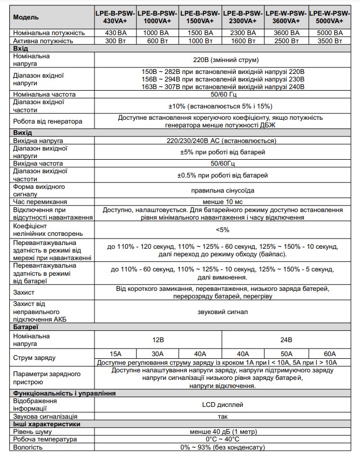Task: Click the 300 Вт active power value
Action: pyautogui.click(x=115, y=40)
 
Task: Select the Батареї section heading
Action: pyautogui.click(x=25, y=327)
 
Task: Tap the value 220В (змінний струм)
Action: pyautogui.click(x=223, y=59)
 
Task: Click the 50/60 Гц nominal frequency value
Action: pyautogui.click(x=223, y=94)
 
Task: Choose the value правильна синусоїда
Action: pyautogui.click(x=223, y=190)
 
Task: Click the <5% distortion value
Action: pyautogui.click(x=223, y=230)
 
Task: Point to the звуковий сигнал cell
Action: pyautogui.click(x=223, y=311)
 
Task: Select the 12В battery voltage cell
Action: pyautogui.click(x=158, y=341)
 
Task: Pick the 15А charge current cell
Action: pyautogui.click(x=115, y=353)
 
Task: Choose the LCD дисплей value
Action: pyautogui.click(x=223, y=404)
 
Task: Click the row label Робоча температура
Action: pyautogui.click(x=43, y=440)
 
